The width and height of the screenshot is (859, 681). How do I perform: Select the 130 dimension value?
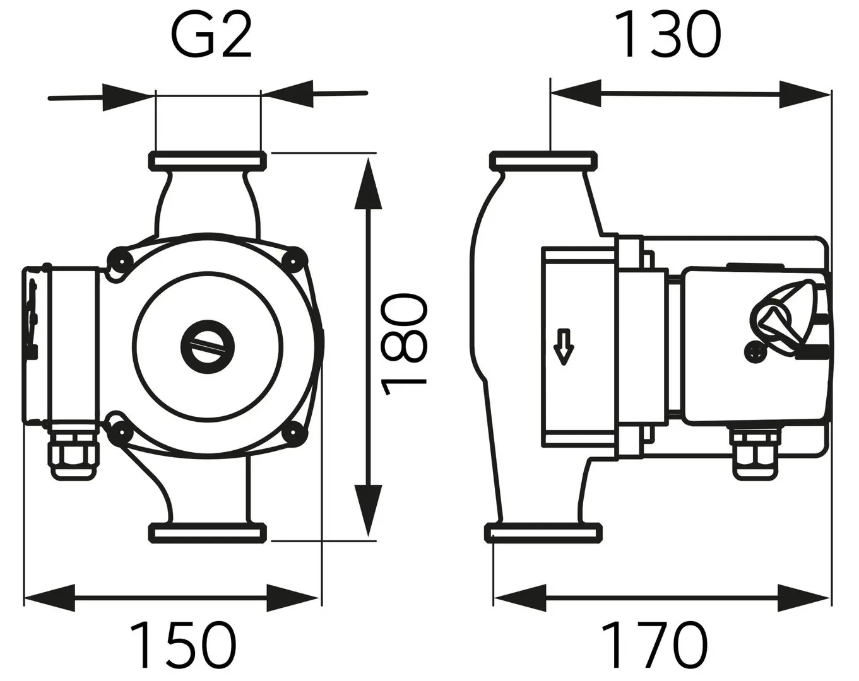(x=667, y=35)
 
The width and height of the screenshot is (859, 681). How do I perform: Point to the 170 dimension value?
(x=655, y=644)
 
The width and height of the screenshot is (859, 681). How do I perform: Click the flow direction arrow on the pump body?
(x=563, y=347)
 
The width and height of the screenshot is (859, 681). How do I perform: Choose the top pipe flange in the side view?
(x=543, y=160)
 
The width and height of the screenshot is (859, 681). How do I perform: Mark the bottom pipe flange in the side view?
(x=543, y=533)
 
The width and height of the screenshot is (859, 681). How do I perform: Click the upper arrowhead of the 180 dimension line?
(x=369, y=183)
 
